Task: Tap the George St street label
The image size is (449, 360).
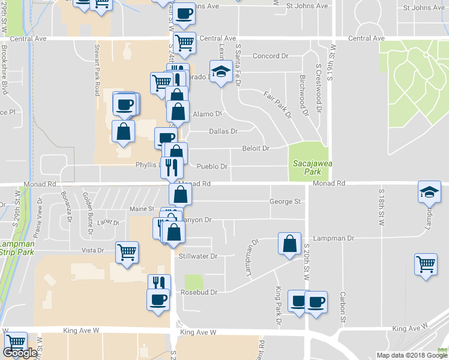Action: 285,202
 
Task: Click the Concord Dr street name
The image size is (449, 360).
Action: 270,56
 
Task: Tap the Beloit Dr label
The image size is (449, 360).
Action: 255,148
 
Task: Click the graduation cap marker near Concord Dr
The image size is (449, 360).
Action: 221,71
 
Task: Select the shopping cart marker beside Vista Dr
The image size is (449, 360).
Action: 127,253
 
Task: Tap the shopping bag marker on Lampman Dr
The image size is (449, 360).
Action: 289,243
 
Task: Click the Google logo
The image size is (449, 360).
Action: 20,353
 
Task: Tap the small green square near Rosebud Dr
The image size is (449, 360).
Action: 193,281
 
